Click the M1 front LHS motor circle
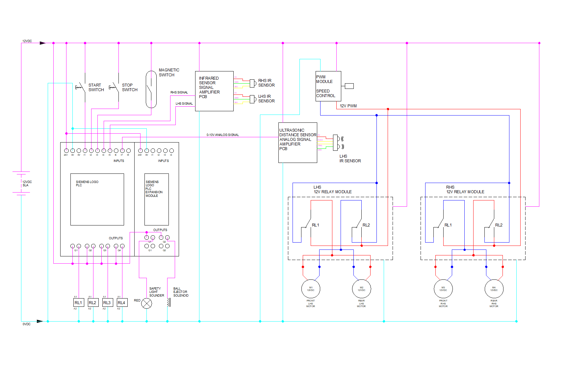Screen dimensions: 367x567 (x=311, y=289)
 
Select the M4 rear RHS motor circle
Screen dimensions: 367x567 (x=494, y=289)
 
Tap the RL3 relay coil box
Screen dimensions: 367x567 (x=107, y=302)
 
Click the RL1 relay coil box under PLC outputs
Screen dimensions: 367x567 (x=78, y=302)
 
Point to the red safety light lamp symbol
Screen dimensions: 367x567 (x=146, y=303)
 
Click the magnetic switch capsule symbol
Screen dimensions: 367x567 (x=151, y=89)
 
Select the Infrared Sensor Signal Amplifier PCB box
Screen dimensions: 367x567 (x=214, y=91)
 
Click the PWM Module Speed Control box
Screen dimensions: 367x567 (x=328, y=86)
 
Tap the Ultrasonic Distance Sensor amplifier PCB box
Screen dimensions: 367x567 (x=297, y=143)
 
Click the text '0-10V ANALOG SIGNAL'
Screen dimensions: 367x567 (x=222, y=135)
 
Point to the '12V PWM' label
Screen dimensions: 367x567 (x=348, y=106)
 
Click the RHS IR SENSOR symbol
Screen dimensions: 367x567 (x=253, y=83)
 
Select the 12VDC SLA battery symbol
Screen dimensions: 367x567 (x=21, y=183)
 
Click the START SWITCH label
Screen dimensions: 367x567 (x=96, y=87)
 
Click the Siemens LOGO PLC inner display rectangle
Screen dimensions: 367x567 (x=97, y=199)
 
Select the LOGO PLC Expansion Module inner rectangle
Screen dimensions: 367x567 (x=157, y=199)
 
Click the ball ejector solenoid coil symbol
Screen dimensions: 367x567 (x=168, y=302)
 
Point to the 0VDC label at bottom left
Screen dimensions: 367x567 (x=26, y=324)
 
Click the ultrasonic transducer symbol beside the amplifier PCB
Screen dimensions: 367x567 (x=337, y=143)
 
